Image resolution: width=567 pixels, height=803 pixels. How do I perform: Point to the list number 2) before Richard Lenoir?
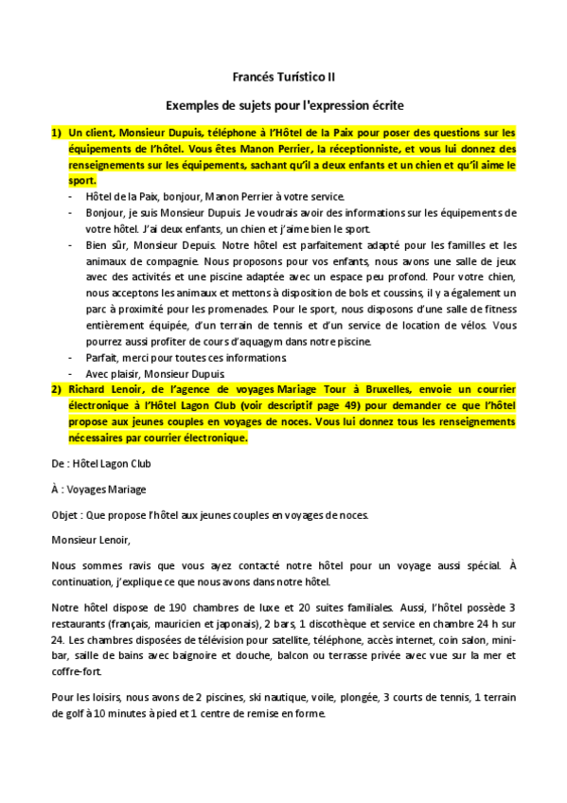(56, 389)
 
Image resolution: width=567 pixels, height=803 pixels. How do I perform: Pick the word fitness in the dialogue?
(499, 309)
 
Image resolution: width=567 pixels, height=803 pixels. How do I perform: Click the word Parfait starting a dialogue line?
(102, 357)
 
